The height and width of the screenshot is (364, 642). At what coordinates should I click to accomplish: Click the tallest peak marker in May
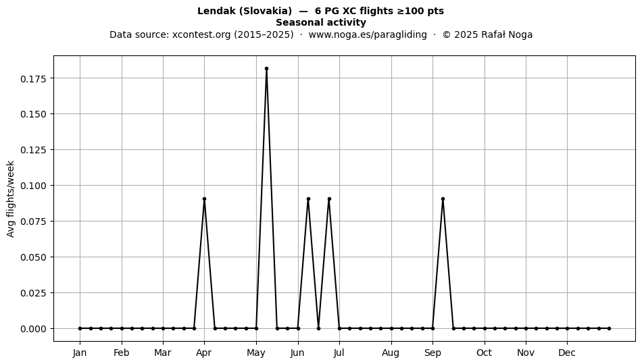tap(266, 69)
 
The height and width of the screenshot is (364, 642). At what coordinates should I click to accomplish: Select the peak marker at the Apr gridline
tap(204, 199)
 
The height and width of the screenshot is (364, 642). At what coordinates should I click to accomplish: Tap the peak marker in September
tap(443, 199)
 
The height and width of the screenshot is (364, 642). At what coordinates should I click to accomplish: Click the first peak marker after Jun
tap(308, 199)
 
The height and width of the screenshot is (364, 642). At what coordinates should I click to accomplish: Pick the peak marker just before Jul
tap(329, 199)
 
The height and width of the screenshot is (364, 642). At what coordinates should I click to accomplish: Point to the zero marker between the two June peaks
tap(318, 328)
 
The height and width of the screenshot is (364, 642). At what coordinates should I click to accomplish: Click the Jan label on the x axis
tap(80, 353)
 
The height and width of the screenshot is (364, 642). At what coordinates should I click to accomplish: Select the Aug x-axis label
tap(391, 353)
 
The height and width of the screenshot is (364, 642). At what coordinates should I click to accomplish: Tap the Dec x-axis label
tap(567, 353)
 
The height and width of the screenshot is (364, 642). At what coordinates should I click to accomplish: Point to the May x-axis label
tap(256, 353)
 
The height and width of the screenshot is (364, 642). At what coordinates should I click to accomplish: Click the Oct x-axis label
tap(485, 353)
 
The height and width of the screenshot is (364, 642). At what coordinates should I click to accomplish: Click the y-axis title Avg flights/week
tap(11, 199)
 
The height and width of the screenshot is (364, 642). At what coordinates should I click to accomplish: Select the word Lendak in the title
tap(216, 11)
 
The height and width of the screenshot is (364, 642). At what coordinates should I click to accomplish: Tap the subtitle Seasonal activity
tap(320, 22)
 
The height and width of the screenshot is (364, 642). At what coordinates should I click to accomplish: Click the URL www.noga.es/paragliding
tap(368, 34)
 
